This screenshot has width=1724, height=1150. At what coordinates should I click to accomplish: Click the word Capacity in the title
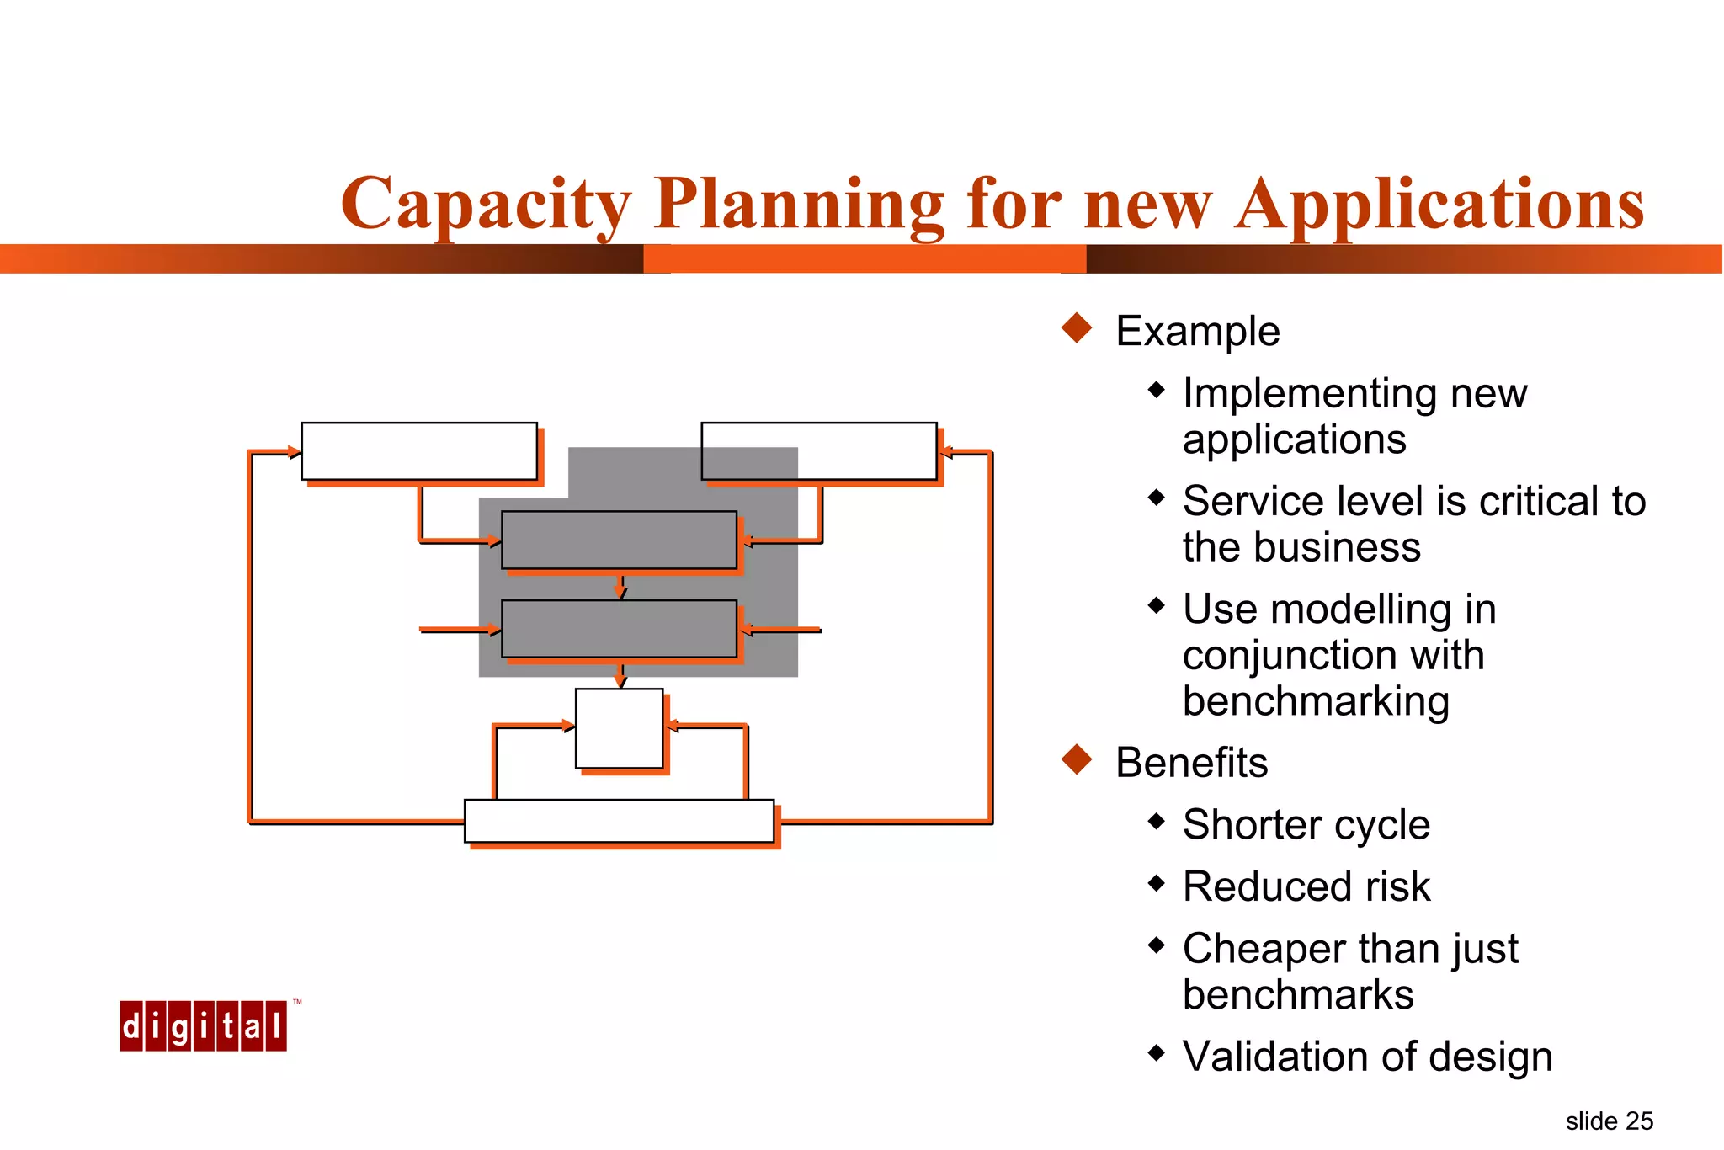point(486,205)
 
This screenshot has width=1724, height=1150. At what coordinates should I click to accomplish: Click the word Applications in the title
point(1439,205)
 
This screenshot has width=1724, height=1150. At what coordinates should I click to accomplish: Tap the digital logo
point(203,1026)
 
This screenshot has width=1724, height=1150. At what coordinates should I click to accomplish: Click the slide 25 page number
point(1609,1121)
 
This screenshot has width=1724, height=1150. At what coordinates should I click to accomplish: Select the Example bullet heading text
point(1197,331)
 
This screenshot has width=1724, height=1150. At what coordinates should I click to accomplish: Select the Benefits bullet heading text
point(1191,763)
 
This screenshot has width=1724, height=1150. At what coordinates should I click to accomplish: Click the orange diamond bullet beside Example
point(1077,327)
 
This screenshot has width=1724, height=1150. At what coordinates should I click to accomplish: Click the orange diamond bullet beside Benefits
point(1077,759)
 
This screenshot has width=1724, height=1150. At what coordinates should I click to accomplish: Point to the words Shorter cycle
point(1306,824)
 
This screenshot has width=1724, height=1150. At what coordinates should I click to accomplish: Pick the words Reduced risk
point(1306,886)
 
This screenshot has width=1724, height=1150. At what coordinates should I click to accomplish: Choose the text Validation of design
point(1367,1057)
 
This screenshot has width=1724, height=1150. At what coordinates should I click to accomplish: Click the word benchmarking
point(1315,701)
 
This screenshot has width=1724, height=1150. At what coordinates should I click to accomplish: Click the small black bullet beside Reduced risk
point(1157,883)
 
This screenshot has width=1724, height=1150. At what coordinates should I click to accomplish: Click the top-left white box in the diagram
point(419,451)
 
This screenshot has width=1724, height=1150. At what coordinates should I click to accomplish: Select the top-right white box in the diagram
point(818,451)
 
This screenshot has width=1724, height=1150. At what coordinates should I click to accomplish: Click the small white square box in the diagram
point(619,728)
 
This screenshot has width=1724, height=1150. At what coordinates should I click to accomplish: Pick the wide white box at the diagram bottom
point(619,821)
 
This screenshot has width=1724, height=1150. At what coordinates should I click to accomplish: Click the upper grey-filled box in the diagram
point(619,540)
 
